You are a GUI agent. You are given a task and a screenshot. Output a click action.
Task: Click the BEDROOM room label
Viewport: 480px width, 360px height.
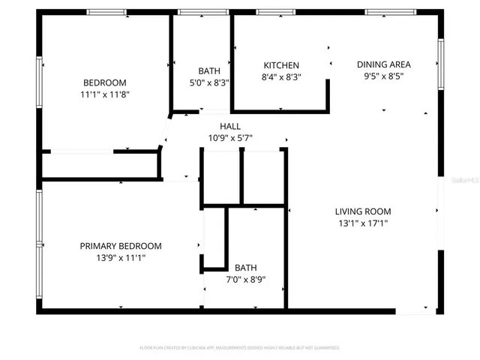[x=104, y=82]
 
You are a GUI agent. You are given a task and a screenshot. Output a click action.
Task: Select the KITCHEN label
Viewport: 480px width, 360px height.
[x=281, y=65]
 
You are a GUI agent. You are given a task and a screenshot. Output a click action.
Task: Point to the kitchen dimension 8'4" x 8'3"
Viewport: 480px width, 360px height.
[x=281, y=76]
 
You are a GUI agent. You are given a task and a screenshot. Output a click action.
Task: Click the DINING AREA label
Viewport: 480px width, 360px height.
[x=383, y=64]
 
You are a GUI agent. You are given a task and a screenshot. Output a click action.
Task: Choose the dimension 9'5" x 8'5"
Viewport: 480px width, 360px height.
[x=383, y=76]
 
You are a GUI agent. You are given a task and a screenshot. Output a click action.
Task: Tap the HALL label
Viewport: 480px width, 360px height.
[x=229, y=126]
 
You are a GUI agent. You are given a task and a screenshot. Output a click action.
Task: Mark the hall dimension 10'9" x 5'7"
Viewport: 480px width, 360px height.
[x=229, y=137]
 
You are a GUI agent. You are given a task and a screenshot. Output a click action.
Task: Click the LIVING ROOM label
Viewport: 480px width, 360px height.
[x=362, y=211]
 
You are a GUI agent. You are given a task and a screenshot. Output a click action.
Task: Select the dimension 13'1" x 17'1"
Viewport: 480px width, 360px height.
[x=362, y=223]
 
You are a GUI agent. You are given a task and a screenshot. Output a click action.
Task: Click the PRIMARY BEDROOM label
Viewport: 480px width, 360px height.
[x=121, y=246]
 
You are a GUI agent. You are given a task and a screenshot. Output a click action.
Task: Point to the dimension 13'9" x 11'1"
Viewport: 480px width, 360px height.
[x=121, y=257]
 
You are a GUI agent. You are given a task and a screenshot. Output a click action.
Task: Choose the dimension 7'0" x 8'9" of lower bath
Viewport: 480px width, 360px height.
[x=245, y=280]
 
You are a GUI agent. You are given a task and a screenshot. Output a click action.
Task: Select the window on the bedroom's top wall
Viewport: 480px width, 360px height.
[x=106, y=12]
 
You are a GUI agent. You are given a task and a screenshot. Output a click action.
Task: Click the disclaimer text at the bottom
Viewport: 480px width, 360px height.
[x=240, y=348]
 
